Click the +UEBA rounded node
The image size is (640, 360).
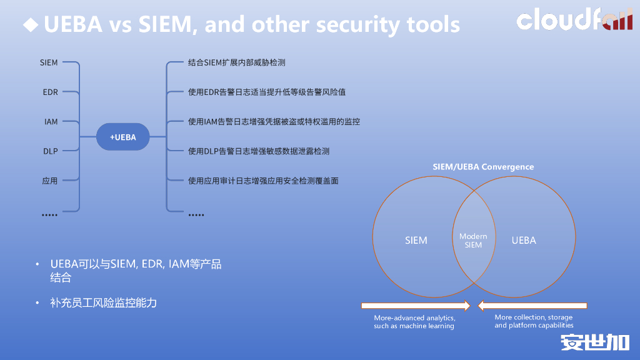pyautogui.click(x=123, y=137)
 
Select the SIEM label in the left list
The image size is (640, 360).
pyautogui.click(x=49, y=62)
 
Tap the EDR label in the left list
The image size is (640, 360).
pyautogui.click(x=50, y=92)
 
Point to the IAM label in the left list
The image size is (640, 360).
pyautogui.click(x=51, y=122)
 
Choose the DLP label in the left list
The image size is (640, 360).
pyautogui.click(x=50, y=151)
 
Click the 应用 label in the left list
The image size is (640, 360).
pyautogui.click(x=50, y=181)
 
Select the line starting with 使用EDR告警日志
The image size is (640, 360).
pyautogui.click(x=266, y=92)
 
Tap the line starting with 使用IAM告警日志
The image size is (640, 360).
pyautogui.click(x=274, y=122)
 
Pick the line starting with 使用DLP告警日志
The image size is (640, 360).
pyautogui.click(x=258, y=151)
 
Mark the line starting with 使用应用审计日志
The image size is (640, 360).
pyautogui.click(x=262, y=181)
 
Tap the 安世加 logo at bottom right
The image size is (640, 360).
pyautogui.click(x=594, y=342)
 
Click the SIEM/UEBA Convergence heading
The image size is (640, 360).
pyautogui.click(x=483, y=167)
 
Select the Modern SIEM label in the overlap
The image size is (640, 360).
pyautogui.click(x=473, y=241)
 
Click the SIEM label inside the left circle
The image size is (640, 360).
pyautogui.click(x=416, y=241)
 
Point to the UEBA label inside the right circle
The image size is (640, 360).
pyautogui.click(x=524, y=241)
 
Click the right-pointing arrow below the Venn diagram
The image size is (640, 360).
pyautogui.click(x=416, y=306)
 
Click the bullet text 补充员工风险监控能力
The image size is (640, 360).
pyautogui.click(x=103, y=303)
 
